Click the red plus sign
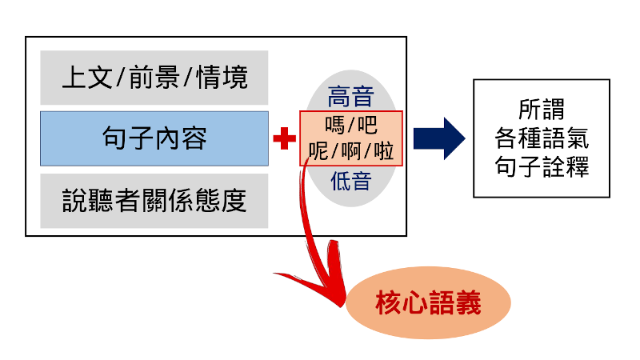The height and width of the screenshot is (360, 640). (x=285, y=138)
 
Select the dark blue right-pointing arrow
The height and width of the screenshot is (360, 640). (x=439, y=138)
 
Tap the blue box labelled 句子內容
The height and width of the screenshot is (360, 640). (x=154, y=138)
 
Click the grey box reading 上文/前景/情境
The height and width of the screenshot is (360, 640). (x=154, y=78)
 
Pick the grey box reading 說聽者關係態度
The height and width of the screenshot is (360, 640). (x=154, y=201)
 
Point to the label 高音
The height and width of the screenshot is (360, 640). (x=350, y=97)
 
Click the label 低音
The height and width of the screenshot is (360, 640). (x=350, y=181)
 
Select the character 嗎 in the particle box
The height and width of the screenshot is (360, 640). (x=334, y=125)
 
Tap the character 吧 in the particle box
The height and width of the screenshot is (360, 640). (x=367, y=125)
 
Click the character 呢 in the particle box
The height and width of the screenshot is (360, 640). (x=318, y=151)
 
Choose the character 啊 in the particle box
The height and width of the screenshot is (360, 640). (x=351, y=151)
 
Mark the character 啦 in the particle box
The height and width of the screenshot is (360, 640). (x=384, y=151)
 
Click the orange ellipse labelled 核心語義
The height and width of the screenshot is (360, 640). (x=428, y=302)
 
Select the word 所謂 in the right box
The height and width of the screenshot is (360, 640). (x=542, y=110)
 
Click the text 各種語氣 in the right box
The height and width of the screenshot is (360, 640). (x=542, y=138)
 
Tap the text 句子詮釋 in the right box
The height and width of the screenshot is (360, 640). (x=542, y=166)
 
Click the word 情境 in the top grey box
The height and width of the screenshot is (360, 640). (x=222, y=78)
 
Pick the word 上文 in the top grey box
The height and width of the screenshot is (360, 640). (x=87, y=78)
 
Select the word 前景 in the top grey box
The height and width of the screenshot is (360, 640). (x=154, y=78)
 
